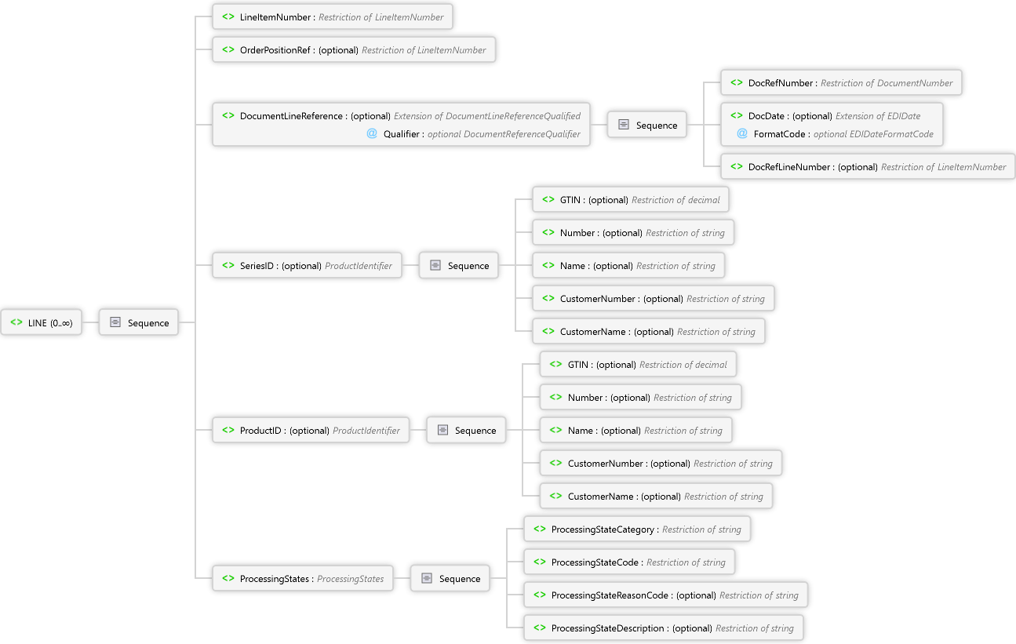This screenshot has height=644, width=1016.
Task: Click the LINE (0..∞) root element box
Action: (x=42, y=322)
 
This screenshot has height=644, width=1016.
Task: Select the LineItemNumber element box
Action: (x=332, y=17)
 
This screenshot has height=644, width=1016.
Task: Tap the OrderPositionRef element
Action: (x=353, y=50)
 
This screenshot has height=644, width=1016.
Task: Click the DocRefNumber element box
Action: (x=841, y=83)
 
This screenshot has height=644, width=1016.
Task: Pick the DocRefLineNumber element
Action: (x=867, y=167)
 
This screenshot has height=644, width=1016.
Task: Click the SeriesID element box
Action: (x=307, y=266)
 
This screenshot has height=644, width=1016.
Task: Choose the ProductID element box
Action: (x=310, y=431)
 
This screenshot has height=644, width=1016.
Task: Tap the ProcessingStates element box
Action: (x=303, y=579)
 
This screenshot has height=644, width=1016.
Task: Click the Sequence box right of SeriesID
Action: (x=459, y=266)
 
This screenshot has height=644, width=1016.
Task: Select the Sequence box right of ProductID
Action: (x=466, y=431)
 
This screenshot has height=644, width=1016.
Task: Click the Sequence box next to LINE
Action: (x=139, y=322)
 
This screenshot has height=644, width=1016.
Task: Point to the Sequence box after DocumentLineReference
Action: (x=647, y=126)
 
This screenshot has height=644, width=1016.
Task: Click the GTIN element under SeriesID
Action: (x=630, y=200)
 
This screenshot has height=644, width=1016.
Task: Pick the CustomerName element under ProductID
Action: (x=656, y=497)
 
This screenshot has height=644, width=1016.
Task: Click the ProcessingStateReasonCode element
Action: (x=665, y=595)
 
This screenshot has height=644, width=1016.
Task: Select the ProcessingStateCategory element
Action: (x=637, y=529)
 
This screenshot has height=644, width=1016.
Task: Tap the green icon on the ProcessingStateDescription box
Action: (x=540, y=628)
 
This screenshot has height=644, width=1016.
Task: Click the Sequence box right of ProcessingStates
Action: (x=450, y=579)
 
